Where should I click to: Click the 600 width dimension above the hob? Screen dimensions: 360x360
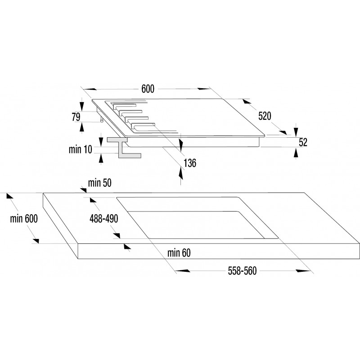pos(148,89)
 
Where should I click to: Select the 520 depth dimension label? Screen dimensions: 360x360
pos(265,116)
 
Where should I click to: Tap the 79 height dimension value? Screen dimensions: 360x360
pos(76,117)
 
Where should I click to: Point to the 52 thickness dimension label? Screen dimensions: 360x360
pos(303,142)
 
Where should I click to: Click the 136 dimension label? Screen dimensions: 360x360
pos(190,163)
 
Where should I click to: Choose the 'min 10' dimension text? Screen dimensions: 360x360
pos(81,149)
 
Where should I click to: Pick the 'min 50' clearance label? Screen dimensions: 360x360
pos(99,183)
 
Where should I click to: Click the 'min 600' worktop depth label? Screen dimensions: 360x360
pos(24,219)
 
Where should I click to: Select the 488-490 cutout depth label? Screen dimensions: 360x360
pos(104,219)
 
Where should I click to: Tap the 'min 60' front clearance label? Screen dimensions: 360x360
pos(179,253)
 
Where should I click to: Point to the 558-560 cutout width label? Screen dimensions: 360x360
pos(242,271)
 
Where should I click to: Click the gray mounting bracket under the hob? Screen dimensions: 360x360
pos(124,148)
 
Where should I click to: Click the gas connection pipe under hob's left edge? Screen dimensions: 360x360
pos(102,119)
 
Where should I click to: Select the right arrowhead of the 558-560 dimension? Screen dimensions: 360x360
pos(303,271)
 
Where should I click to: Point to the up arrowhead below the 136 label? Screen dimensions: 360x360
pos(181,173)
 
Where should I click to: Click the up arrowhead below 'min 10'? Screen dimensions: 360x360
pos(101,159)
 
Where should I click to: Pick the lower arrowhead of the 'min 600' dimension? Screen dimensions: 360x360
pos(36,241)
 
